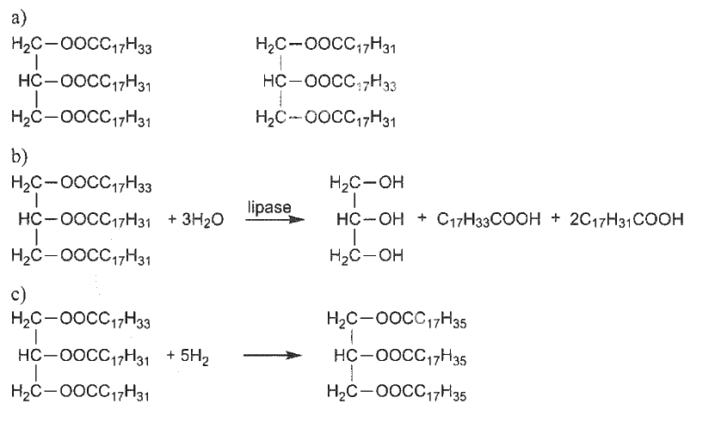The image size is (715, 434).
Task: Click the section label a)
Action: point(19,18)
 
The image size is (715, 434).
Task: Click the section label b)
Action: point(20,156)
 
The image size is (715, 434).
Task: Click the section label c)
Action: point(19,294)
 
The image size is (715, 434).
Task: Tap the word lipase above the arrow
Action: point(269,207)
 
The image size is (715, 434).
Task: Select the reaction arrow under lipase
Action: point(275,220)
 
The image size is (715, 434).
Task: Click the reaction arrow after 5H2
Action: point(273,355)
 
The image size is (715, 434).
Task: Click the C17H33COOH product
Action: point(489,220)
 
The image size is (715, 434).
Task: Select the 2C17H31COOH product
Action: point(626,220)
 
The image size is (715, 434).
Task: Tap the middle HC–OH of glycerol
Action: point(370,219)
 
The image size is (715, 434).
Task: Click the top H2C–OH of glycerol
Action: point(367,183)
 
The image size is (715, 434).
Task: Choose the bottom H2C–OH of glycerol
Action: point(367,256)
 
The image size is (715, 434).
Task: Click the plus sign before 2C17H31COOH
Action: point(555,218)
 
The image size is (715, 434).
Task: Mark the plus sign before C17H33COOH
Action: point(422,218)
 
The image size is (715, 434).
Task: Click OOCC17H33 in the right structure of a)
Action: point(350,83)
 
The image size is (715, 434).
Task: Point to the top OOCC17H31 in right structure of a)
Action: point(349,46)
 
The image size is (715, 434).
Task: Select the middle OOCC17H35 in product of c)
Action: point(421,357)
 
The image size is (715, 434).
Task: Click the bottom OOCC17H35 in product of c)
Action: point(421,393)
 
